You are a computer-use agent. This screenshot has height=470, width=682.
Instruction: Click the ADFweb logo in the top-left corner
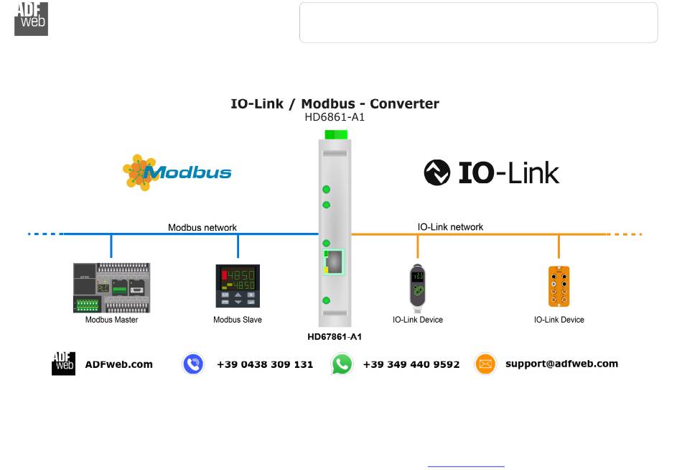pyautogui.click(x=31, y=19)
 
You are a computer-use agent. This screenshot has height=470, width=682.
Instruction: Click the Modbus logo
pyautogui.click(x=177, y=172)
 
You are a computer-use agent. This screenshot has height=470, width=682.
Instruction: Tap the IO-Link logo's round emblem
pyautogui.click(x=436, y=172)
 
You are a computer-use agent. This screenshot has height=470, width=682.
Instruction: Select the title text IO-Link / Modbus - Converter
pyautogui.click(x=335, y=103)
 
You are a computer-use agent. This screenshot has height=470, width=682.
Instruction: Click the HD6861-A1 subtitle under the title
pyautogui.click(x=335, y=117)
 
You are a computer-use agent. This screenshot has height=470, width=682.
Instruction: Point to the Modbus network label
pyautogui.click(x=202, y=227)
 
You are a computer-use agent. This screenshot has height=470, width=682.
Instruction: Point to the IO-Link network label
pyautogui.click(x=450, y=226)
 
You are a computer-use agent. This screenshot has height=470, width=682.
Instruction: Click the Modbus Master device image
pyautogui.click(x=111, y=287)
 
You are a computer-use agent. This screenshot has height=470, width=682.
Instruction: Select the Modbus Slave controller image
pyautogui.click(x=238, y=286)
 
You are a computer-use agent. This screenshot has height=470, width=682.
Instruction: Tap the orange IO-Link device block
pyautogui.click(x=559, y=286)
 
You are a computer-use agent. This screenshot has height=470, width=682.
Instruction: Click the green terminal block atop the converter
pyautogui.click(x=336, y=134)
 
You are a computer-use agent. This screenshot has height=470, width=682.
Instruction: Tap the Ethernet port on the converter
pyautogui.click(x=334, y=262)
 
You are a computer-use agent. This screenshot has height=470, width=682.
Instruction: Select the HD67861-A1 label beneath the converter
pyautogui.click(x=335, y=336)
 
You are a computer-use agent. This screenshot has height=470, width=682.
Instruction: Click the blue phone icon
pyautogui.click(x=193, y=364)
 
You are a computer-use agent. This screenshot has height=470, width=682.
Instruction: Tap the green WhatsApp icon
pyautogui.click(x=342, y=364)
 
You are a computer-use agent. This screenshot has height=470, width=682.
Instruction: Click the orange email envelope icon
pyautogui.click(x=485, y=364)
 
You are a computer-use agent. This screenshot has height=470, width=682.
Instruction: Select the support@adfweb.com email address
pyautogui.click(x=561, y=364)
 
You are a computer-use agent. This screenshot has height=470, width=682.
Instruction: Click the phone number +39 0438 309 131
pyautogui.click(x=265, y=364)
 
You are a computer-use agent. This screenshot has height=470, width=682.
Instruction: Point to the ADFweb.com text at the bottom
pyautogui.click(x=119, y=364)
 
